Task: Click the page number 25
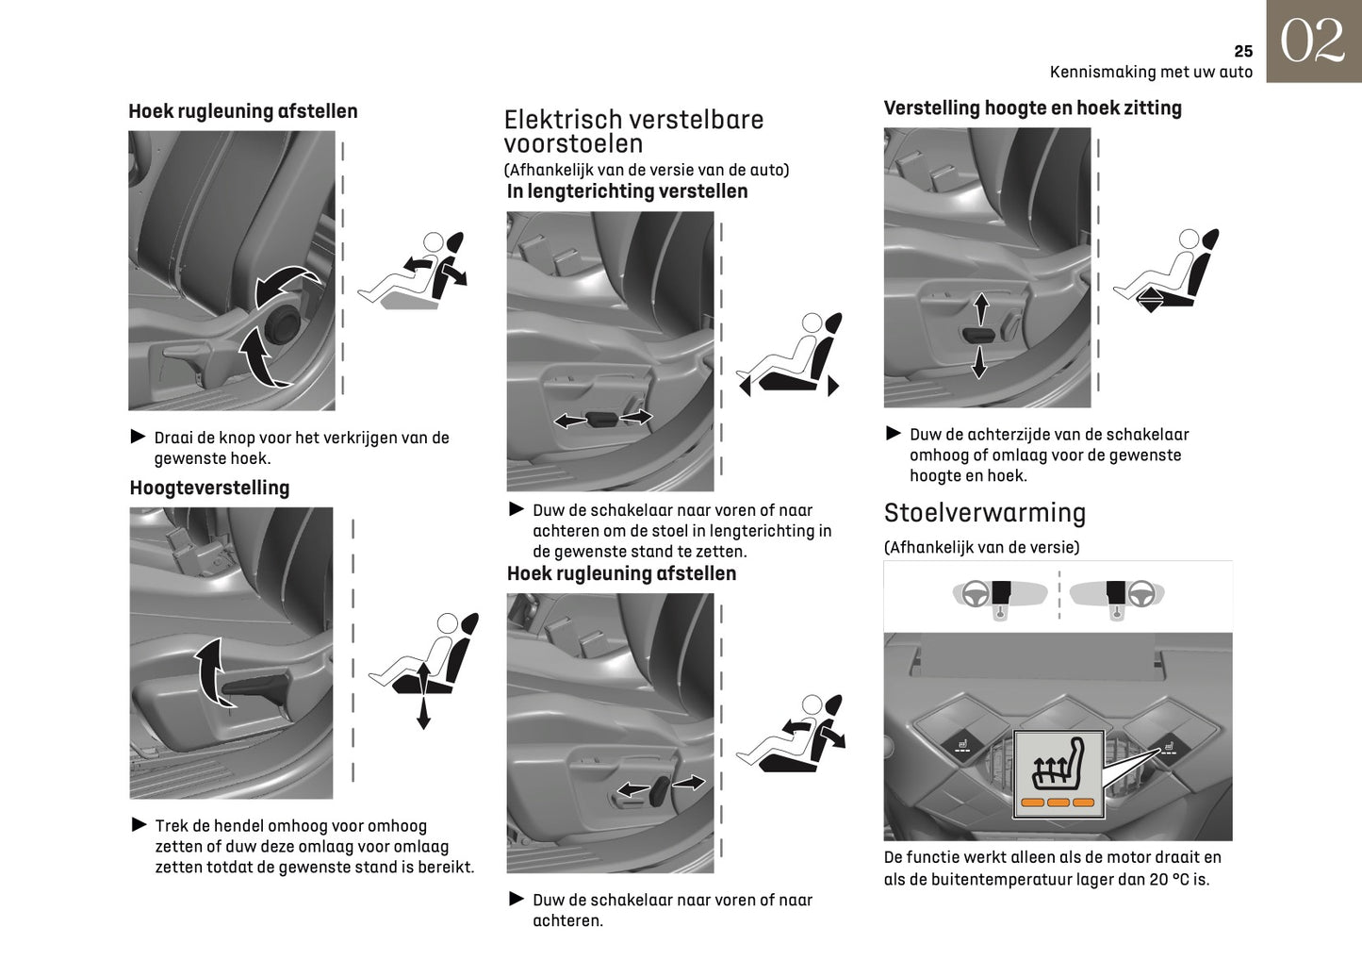tap(1242, 52)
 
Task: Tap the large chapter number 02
tap(1313, 42)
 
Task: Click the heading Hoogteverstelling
tap(209, 488)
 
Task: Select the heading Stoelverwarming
tap(984, 513)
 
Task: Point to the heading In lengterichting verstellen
tap(627, 191)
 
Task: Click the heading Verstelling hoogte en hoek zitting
tap(1032, 108)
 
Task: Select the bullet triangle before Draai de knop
tap(139, 437)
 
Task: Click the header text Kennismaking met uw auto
tap(1151, 73)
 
